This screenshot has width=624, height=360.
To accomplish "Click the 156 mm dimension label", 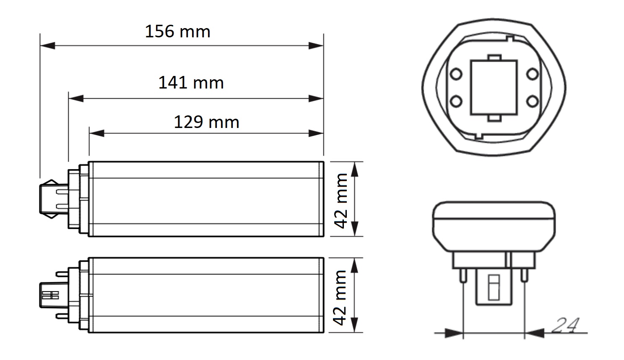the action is pos(177,31).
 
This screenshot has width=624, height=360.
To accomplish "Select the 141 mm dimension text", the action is pos(191,83).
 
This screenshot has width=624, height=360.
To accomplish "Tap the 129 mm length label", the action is pos(206,122).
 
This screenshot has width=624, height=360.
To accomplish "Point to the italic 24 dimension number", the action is pos(565,325).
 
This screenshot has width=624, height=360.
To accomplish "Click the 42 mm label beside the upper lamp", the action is pos(341,201).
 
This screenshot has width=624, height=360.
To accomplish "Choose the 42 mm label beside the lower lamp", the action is pos(340,297).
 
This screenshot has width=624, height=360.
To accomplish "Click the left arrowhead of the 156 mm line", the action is pos(47,46).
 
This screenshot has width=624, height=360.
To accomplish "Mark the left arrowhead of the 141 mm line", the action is pos(76,98).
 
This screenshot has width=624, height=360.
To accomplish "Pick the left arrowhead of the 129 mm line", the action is pos(97,133).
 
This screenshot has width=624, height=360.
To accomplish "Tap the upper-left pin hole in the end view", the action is pos(456,74).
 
